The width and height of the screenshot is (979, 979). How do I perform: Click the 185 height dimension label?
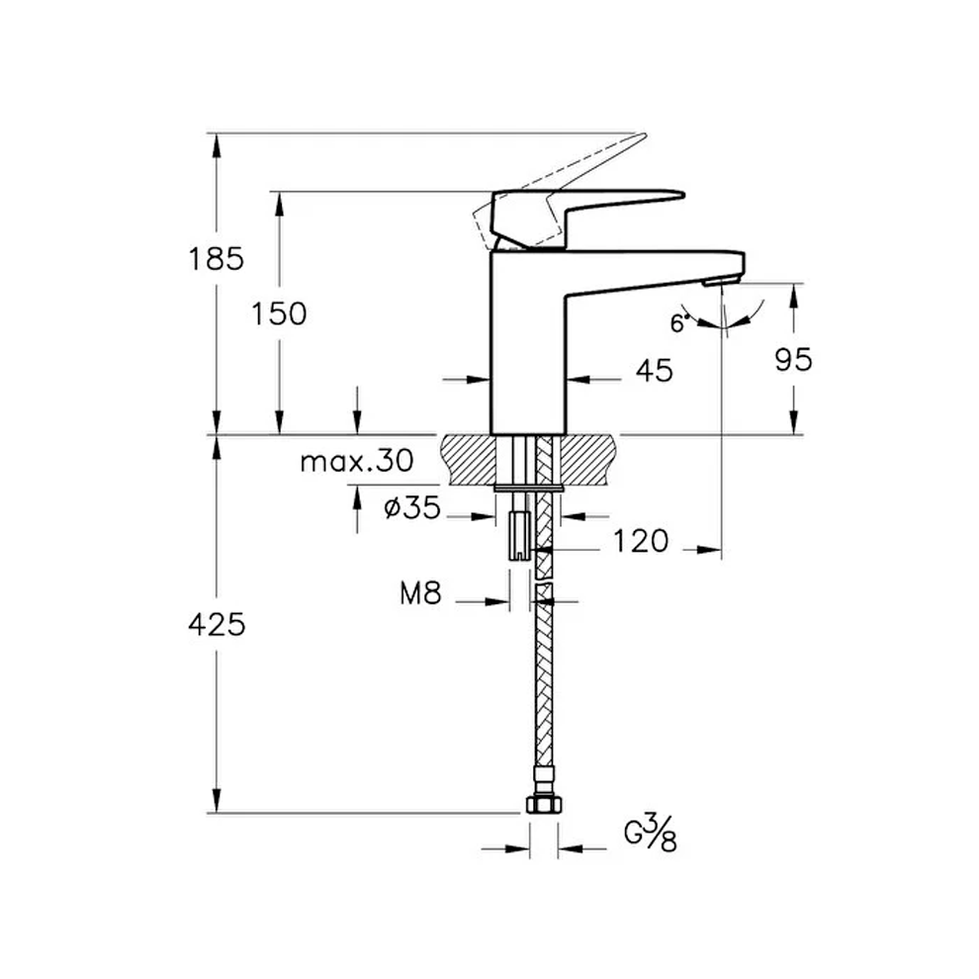tap(216, 259)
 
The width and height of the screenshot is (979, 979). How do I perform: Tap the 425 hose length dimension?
tap(216, 624)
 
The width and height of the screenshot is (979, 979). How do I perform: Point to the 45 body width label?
tap(653, 370)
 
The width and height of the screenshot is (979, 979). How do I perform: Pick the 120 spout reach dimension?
tap(641, 541)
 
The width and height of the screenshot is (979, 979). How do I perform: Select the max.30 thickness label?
tap(356, 461)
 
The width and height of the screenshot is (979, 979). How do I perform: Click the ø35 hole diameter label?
tap(411, 509)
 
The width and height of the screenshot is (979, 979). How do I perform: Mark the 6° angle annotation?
tap(678, 322)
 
